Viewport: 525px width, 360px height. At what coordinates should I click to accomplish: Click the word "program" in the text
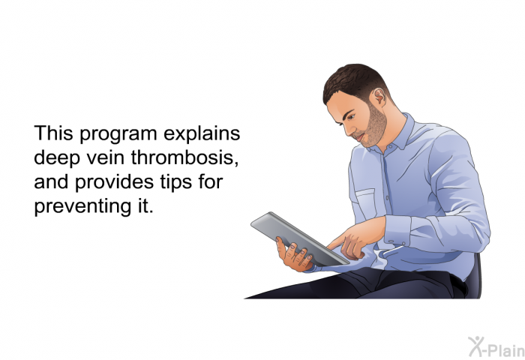point(118,134)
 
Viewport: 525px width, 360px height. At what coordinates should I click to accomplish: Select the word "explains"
point(202,134)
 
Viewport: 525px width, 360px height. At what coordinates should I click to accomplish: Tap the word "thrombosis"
point(184,157)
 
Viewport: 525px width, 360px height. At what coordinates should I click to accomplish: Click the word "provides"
point(114,182)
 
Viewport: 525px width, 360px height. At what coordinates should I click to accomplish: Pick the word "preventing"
point(79,207)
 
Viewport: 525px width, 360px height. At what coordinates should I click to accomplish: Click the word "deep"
point(57,158)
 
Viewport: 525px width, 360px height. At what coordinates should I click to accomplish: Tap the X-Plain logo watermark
point(496,346)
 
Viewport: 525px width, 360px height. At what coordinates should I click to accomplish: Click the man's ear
point(379,96)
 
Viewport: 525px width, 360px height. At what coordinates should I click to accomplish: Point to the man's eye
point(351,117)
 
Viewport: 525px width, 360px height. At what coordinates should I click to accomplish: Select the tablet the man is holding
point(300,239)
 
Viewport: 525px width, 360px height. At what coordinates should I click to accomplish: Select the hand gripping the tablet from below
point(294,255)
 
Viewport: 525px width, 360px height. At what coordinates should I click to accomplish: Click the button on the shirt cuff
point(403,244)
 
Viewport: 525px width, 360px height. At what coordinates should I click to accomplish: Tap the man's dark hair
point(354,80)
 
